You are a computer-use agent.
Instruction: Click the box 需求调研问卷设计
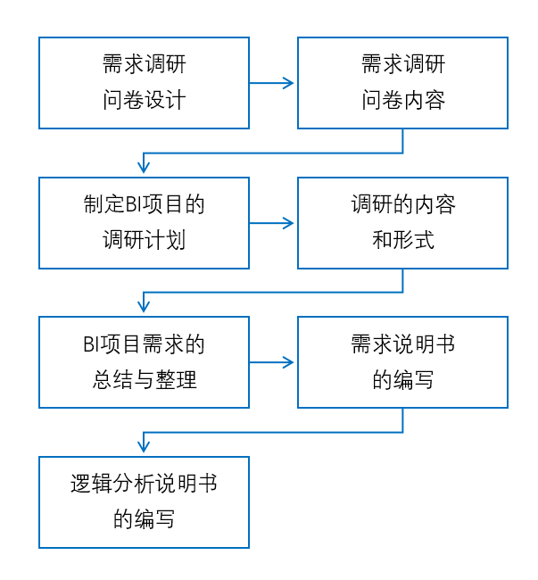coord(144,83)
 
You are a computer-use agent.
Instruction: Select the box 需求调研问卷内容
coord(402,83)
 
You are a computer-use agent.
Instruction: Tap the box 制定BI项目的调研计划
coord(144,222)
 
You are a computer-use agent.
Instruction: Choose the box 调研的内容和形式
coord(402,222)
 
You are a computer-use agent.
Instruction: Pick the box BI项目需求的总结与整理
coord(144,361)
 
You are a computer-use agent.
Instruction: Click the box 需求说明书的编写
coord(402,361)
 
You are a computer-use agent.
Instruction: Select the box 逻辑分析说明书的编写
coord(144,501)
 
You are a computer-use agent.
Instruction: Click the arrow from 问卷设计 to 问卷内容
coord(272,83)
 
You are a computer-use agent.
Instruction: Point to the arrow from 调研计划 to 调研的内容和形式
coord(272,222)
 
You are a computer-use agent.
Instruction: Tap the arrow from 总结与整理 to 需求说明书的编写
coord(272,361)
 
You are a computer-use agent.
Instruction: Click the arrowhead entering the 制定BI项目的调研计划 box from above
coord(144,168)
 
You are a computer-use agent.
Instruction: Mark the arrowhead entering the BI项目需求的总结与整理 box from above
coord(144,307)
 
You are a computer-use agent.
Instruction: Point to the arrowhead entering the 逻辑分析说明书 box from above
coord(144,447)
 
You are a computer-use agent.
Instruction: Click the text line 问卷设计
coord(144,99)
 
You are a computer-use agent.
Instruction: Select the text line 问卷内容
coord(402,99)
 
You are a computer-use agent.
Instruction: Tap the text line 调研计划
coord(144,239)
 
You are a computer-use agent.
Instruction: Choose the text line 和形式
coord(402,239)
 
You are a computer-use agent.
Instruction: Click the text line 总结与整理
coord(144,378)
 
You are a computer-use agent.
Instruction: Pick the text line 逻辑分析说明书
coord(144,485)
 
